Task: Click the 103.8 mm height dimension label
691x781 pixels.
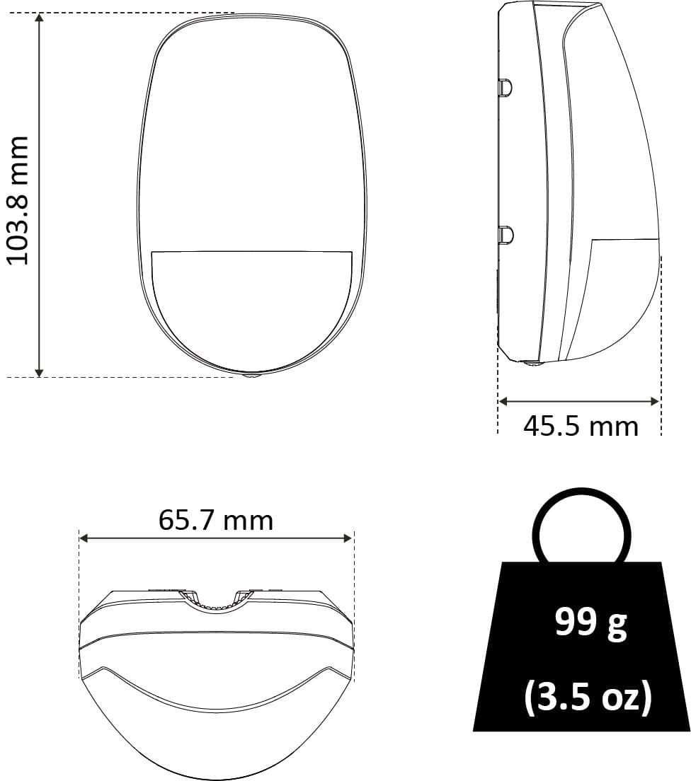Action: (18, 200)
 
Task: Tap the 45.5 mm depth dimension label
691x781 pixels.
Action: (581, 427)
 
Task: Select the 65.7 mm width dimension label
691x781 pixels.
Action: (216, 521)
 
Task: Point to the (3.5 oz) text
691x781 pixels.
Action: (588, 697)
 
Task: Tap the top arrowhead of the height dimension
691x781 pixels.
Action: (40, 18)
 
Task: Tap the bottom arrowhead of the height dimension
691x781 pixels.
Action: (40, 372)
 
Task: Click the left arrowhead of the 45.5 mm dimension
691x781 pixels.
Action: (503, 401)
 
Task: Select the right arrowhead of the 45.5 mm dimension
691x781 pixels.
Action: (655, 401)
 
